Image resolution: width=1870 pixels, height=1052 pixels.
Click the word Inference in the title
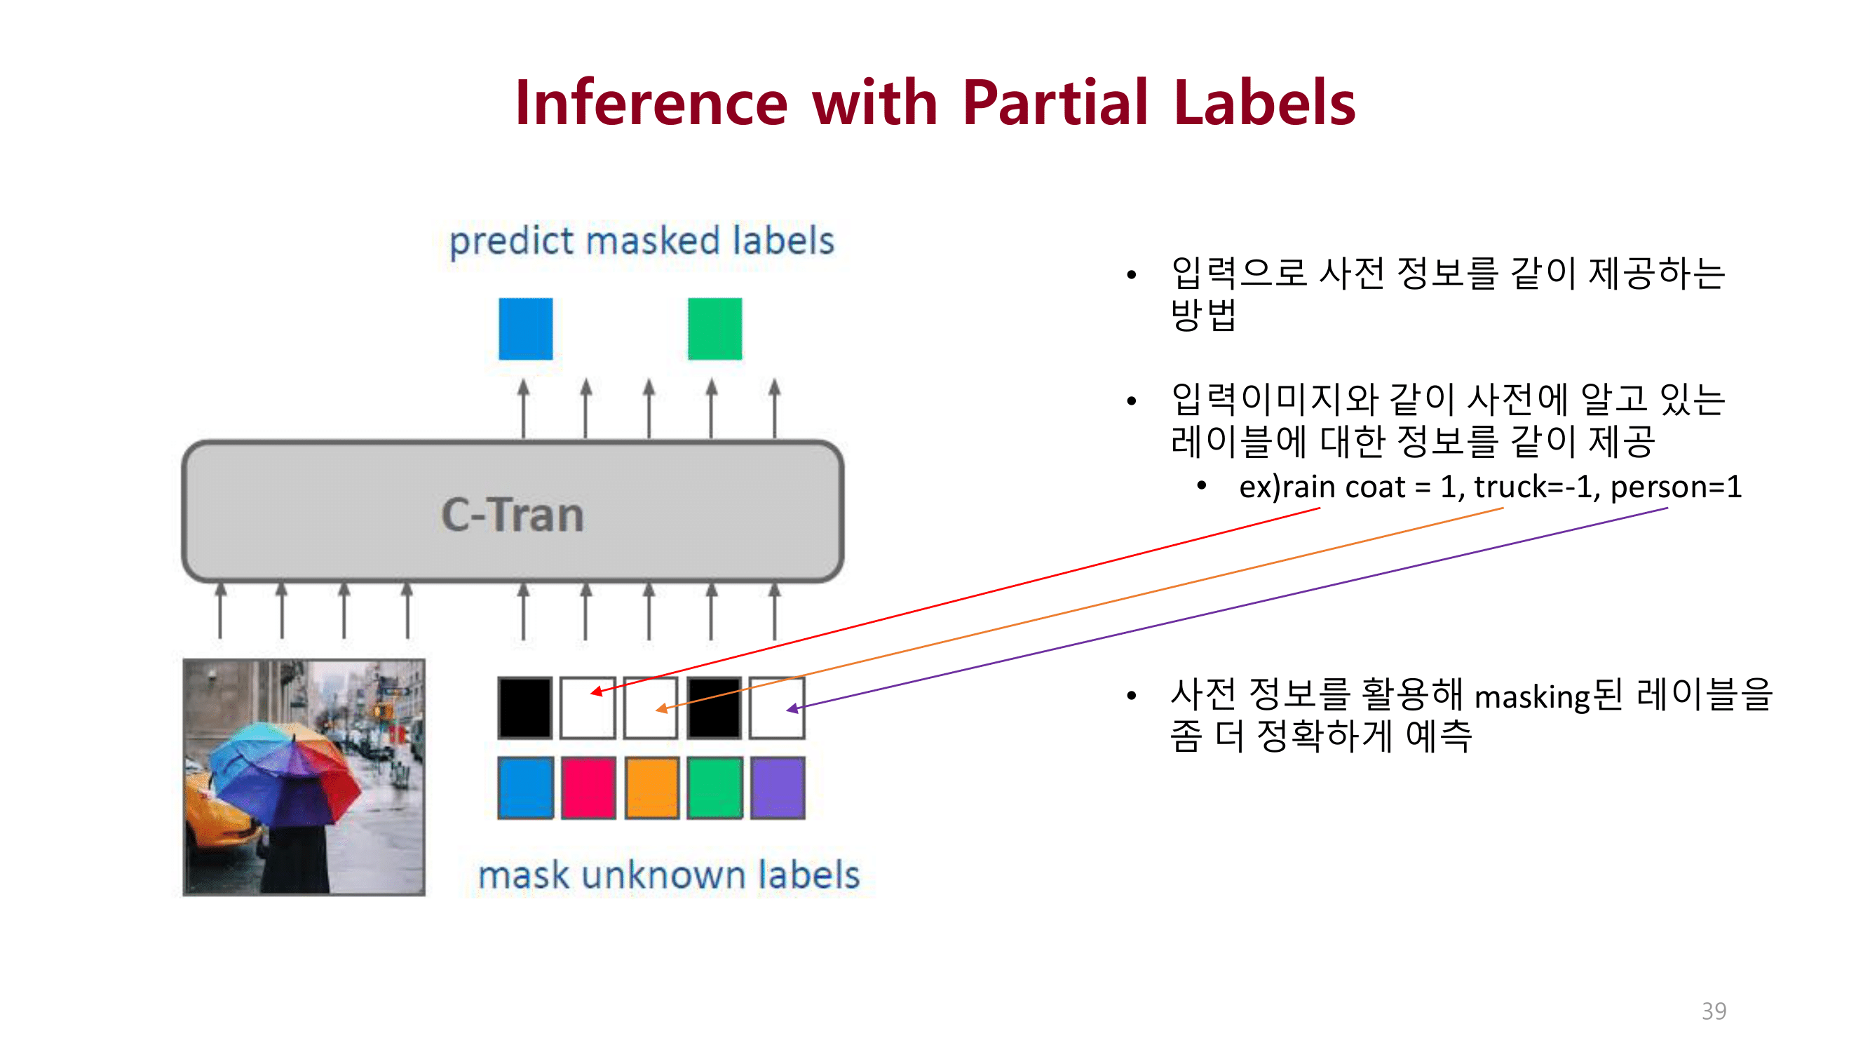[x=651, y=103]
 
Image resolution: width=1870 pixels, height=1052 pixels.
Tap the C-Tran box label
[x=513, y=515]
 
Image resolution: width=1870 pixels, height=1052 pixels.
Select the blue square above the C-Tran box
[x=526, y=329]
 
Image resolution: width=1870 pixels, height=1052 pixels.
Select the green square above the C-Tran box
[x=715, y=329]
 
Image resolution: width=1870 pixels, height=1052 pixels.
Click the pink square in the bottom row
[x=588, y=788]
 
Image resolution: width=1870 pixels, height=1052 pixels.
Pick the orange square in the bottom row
[x=651, y=788]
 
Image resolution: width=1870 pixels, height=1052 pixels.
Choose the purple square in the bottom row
[x=778, y=788]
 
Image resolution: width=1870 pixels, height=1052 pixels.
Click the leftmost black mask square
[x=525, y=708]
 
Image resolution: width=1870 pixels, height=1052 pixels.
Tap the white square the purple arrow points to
[x=778, y=708]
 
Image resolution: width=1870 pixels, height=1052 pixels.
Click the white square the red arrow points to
[x=588, y=708]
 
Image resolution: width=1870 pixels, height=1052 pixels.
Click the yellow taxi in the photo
[x=214, y=813]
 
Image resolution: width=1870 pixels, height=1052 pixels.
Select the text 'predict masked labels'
[x=642, y=242]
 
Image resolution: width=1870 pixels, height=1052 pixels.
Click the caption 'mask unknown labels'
[x=669, y=875]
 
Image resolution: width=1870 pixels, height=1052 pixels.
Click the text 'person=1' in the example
[x=1676, y=487]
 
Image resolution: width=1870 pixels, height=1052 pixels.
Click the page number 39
[x=1713, y=1011]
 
